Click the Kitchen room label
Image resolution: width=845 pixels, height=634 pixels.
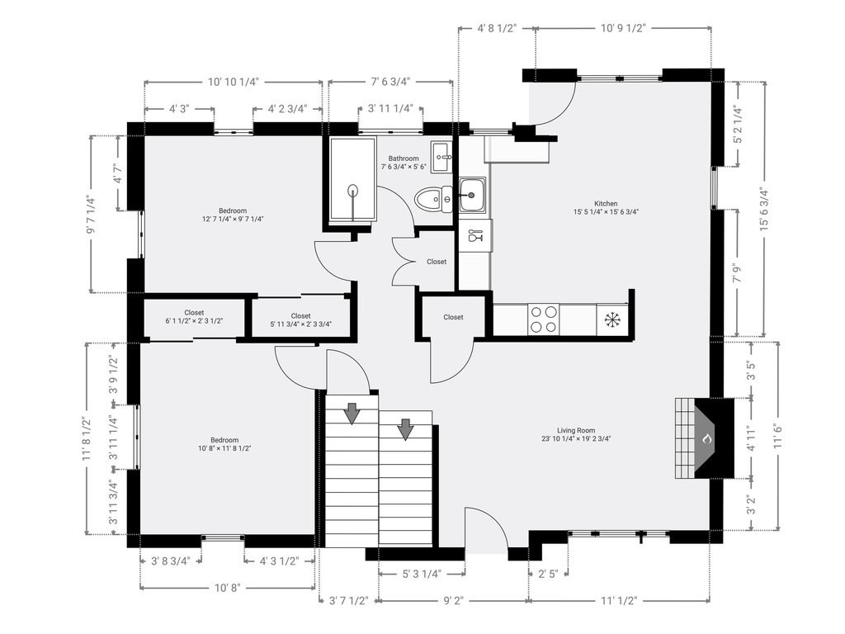(x=606, y=204)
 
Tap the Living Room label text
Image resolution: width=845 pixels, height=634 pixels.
(x=576, y=430)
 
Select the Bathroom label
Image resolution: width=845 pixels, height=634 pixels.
(x=404, y=158)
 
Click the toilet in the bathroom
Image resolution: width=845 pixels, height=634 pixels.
(x=434, y=198)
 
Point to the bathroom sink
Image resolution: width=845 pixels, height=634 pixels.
(x=442, y=157)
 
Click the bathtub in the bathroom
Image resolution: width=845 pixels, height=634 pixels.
(x=352, y=179)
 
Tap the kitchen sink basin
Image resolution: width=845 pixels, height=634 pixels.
(x=473, y=195)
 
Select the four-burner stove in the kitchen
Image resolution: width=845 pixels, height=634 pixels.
(x=543, y=319)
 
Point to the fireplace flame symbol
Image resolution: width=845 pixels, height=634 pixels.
(x=707, y=439)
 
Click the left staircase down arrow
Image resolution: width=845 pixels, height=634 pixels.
(x=352, y=413)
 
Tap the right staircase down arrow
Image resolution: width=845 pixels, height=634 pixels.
(x=405, y=429)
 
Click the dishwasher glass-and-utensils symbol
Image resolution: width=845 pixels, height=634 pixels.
(x=476, y=235)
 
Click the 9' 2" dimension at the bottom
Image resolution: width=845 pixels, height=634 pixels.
(x=453, y=601)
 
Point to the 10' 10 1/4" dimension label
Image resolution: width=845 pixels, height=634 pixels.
(x=234, y=82)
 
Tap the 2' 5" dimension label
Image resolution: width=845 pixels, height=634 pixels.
(x=548, y=574)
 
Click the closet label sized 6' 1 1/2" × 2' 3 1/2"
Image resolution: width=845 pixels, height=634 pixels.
(x=194, y=316)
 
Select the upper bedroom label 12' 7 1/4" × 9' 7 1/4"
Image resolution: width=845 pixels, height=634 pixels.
(x=233, y=215)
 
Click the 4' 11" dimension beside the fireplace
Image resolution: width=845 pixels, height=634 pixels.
(x=751, y=438)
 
